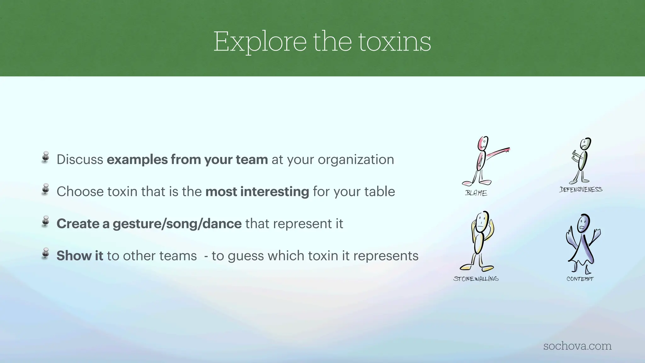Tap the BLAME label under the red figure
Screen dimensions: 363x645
click(476, 193)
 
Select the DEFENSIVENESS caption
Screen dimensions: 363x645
click(581, 189)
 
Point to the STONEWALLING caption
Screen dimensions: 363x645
click(476, 279)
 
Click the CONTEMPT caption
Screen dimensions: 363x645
click(580, 279)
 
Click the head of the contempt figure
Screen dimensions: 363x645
click(583, 223)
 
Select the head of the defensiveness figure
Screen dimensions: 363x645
click(585, 144)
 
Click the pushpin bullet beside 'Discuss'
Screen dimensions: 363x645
click(46, 157)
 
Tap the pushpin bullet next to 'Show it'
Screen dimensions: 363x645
click(46, 253)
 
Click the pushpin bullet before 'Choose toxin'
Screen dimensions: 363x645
click(46, 189)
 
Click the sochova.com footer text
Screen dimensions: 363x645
click(577, 346)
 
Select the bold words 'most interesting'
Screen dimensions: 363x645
click(257, 192)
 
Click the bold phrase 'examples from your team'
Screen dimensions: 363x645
click(187, 159)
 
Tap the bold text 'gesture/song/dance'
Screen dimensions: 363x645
click(177, 224)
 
